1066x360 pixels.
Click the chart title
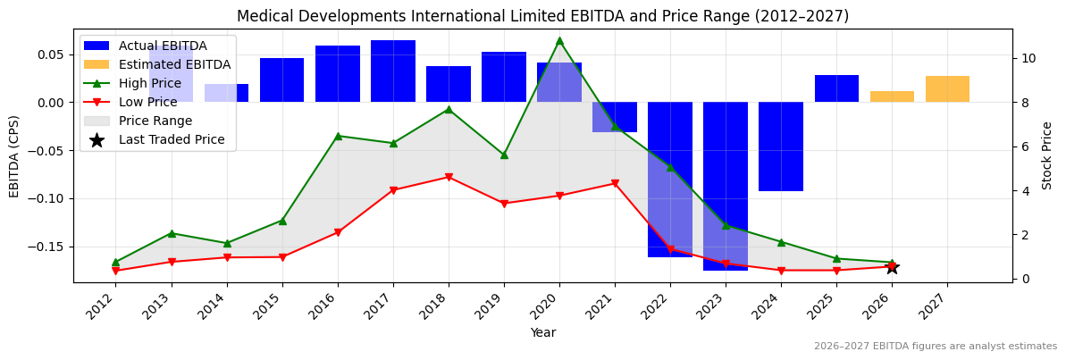[542, 16]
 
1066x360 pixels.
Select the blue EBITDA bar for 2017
[393, 71]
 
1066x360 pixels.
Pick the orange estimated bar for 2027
[947, 89]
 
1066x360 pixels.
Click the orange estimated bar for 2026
[892, 96]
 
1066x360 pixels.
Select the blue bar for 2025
[836, 88]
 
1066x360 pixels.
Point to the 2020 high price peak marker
[559, 40]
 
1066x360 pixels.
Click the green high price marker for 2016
[338, 136]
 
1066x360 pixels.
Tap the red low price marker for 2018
[449, 177]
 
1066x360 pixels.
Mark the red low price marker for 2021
[615, 183]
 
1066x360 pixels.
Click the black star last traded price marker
[892, 267]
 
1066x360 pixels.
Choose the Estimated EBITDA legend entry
[174, 64]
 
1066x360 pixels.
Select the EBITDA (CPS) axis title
[14, 155]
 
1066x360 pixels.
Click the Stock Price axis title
[1047, 155]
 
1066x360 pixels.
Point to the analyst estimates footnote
[935, 347]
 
